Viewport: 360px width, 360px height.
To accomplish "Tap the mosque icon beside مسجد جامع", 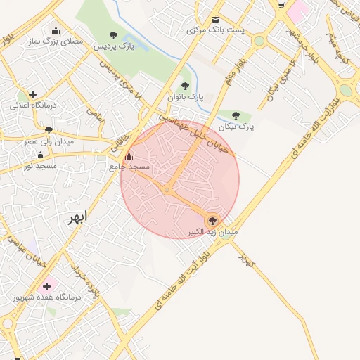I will point(128,157).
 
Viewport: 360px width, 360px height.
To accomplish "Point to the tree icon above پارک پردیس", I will point(114,35).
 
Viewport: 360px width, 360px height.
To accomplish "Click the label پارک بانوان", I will point(186,96).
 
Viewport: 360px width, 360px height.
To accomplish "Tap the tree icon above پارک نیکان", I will point(235,116).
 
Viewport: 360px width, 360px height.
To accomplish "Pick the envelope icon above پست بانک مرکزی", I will point(215,19).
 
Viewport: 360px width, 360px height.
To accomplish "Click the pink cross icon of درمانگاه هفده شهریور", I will point(47,286).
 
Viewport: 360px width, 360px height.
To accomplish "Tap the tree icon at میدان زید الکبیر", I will point(213,220).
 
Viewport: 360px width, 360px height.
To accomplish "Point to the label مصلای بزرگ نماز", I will point(56,41).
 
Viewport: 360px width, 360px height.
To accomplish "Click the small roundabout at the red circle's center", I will point(167,189).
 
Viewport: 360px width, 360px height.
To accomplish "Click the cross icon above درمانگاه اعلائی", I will point(32,94).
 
